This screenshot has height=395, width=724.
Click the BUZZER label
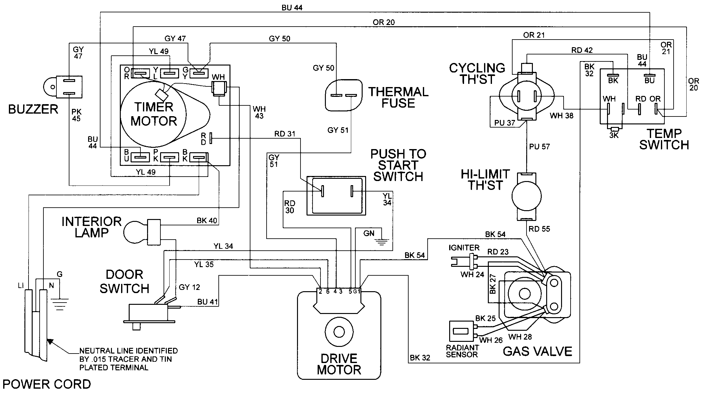pyautogui.click(x=33, y=109)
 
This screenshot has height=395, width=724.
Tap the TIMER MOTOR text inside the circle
pyautogui.click(x=154, y=114)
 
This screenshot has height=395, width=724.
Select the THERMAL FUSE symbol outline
pyautogui.click(x=343, y=95)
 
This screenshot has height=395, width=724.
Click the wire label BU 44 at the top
pyautogui.click(x=292, y=8)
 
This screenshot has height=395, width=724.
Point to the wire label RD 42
pyautogui.click(x=582, y=50)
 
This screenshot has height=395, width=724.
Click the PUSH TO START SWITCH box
pyautogui.click(x=336, y=196)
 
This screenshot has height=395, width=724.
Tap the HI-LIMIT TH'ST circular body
pyautogui.click(x=526, y=196)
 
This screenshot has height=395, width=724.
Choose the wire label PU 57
pyautogui.click(x=539, y=147)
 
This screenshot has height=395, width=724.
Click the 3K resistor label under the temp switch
pyautogui.click(x=614, y=135)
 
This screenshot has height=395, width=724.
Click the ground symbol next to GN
pyautogui.click(x=382, y=242)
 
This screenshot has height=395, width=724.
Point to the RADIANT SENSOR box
pyautogui.click(x=461, y=331)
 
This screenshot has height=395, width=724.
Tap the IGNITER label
pyautogui.click(x=464, y=248)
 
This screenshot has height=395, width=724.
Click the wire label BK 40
pyautogui.click(x=207, y=221)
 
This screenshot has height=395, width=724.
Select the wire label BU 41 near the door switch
pyautogui.click(x=207, y=302)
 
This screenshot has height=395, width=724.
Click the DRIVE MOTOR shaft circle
pyautogui.click(x=339, y=332)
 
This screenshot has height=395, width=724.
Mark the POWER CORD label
pyautogui.click(x=47, y=384)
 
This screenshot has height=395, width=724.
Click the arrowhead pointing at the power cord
pyautogui.click(x=49, y=341)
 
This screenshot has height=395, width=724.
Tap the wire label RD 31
pyautogui.click(x=284, y=134)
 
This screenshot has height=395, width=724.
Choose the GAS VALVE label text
pyautogui.click(x=537, y=351)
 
